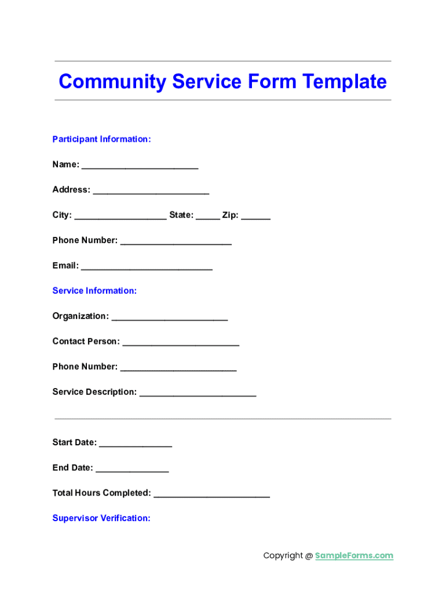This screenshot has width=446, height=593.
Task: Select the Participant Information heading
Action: [101, 139]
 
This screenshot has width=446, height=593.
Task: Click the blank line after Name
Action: [140, 166]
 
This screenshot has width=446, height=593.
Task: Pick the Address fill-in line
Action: [151, 192]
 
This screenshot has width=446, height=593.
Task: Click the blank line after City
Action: [120, 217]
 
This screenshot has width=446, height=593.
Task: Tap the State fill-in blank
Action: [208, 217]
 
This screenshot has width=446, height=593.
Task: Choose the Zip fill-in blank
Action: [255, 217]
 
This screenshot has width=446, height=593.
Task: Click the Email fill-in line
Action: [147, 268]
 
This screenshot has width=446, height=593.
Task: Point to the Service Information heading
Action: [94, 291]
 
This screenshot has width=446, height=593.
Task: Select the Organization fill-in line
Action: [169, 318]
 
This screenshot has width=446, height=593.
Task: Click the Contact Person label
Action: [86, 341]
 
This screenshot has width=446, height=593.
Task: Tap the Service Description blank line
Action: [198, 394]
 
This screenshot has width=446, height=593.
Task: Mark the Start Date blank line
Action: [136, 444]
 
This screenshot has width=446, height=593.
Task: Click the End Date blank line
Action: [132, 470]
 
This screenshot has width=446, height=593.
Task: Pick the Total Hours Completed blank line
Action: [211, 495]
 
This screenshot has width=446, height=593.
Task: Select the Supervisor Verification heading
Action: [101, 518]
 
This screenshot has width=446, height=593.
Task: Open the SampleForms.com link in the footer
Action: [354, 555]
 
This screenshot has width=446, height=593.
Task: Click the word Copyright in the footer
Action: [283, 555]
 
